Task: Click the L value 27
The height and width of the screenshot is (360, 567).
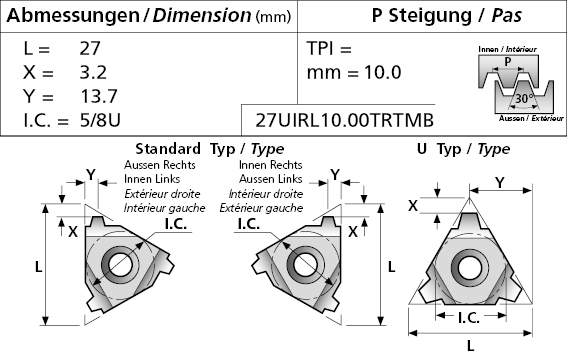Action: tap(90, 48)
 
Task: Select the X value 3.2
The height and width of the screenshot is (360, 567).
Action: tap(93, 72)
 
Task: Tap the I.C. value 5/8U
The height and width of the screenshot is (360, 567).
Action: tap(100, 120)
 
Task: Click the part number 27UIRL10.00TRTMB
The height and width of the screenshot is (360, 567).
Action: tap(345, 120)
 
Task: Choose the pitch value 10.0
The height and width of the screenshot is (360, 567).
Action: tap(383, 72)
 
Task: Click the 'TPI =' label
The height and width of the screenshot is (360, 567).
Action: tap(329, 48)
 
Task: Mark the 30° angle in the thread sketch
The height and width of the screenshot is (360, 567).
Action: tap(525, 98)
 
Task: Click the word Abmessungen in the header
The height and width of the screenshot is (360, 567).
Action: tap(73, 16)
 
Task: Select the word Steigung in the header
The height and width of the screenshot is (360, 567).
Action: tap(430, 16)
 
